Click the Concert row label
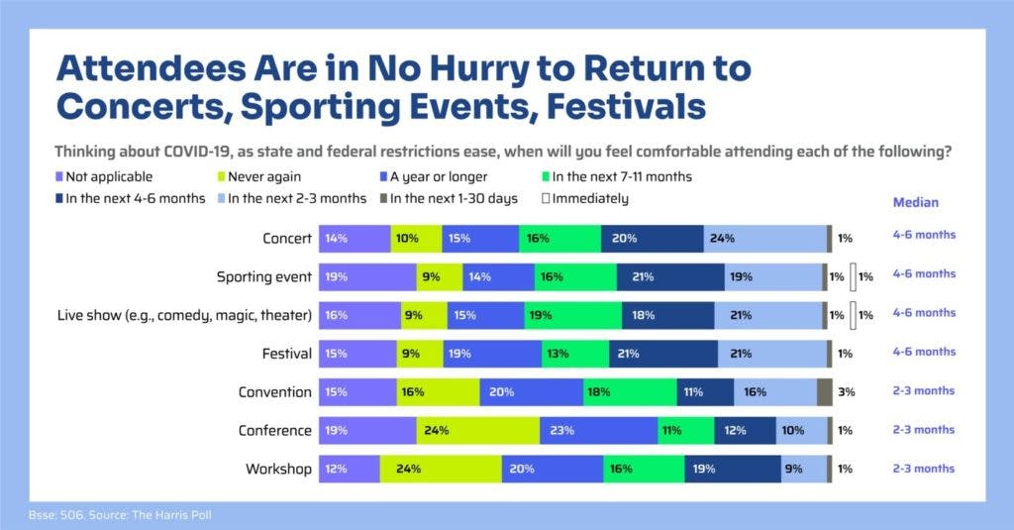tap(287, 239)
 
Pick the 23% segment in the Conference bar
tap(598, 430)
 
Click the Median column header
tap(915, 202)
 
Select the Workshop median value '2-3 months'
tap(923, 469)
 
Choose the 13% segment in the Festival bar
tap(575, 353)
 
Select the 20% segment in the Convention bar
tap(531, 391)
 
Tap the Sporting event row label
tap(264, 276)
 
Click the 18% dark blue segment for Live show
tap(667, 315)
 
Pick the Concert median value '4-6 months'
tap(923, 236)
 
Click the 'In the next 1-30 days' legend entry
tap(452, 198)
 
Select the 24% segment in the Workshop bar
tap(440, 469)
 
